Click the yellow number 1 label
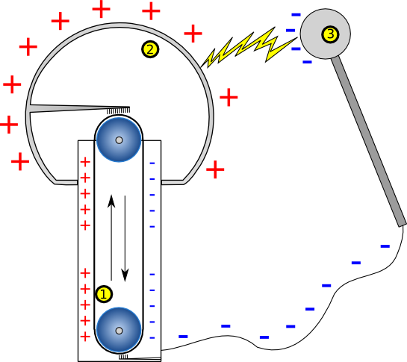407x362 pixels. coord(104,294)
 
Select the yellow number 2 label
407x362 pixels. coord(150,49)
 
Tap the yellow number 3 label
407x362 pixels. coord(330,34)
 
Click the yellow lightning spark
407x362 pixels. coord(249,48)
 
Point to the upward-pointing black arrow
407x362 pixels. coord(111,237)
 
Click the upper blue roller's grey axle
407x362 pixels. coord(119,140)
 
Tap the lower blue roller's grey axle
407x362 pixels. coord(119,331)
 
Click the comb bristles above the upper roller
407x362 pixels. coord(119,111)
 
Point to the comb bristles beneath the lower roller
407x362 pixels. coord(123,356)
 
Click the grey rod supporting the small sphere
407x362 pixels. coord(368,141)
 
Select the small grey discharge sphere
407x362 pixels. coord(326,34)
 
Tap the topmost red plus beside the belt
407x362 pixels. coord(85,162)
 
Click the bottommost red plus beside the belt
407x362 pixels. coord(85,337)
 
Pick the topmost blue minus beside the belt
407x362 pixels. coord(152,163)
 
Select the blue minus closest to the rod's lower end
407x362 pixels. coord(385,246)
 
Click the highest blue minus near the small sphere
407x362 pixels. coord(296,15)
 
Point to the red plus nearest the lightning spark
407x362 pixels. coord(193,34)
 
